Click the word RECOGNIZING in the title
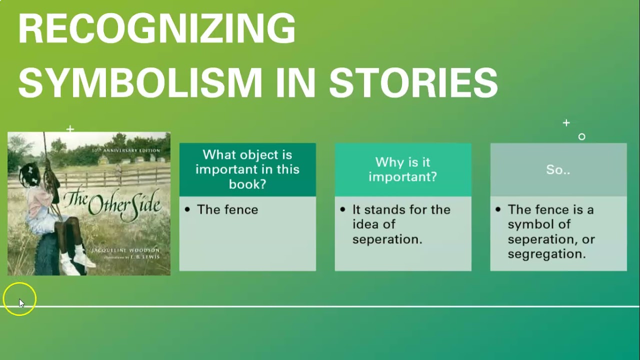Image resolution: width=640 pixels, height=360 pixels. [x=156, y=28]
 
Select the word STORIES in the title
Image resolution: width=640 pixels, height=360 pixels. [x=413, y=82]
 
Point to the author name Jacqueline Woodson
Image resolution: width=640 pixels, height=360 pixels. [x=125, y=249]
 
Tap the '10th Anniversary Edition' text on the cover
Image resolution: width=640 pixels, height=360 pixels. [x=126, y=150]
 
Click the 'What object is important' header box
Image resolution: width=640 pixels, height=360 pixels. [x=247, y=169]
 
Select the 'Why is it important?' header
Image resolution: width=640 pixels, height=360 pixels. [x=402, y=169]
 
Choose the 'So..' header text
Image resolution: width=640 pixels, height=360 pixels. [x=558, y=169]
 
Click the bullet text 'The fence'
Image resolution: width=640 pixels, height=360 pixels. [x=227, y=209]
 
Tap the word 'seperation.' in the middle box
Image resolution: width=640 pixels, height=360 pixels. [x=387, y=239]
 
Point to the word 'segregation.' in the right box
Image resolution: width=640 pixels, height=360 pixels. [x=546, y=254]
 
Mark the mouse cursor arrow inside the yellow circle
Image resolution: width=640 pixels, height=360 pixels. [x=21, y=303]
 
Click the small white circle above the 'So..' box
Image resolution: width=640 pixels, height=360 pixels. [x=581, y=136]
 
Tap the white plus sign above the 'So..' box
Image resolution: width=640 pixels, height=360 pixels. [x=566, y=122]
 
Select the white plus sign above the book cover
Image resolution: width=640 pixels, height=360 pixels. [x=70, y=129]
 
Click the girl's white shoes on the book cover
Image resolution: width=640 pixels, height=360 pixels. [x=75, y=262]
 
